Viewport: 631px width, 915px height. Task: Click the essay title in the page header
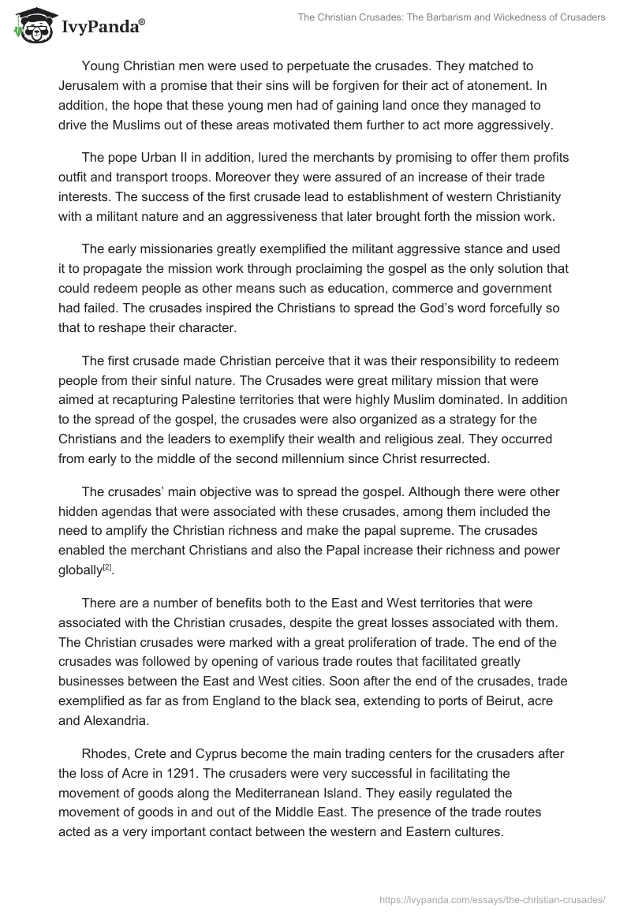pyautogui.click(x=451, y=17)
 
